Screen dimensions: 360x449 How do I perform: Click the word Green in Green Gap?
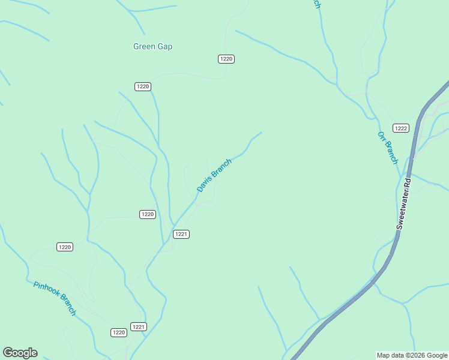[144, 46]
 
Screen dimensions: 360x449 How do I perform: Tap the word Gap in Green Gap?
[164, 46]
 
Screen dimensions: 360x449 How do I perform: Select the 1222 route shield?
[401, 128]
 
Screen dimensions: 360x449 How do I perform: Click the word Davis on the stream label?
[205, 184]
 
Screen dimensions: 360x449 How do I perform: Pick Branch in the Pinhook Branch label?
[67, 305]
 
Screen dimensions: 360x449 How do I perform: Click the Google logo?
[20, 353]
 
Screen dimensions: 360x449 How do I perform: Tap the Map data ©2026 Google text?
[412, 355]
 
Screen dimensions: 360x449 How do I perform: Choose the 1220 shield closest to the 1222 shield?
[226, 59]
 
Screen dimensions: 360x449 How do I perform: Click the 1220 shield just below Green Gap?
[142, 86]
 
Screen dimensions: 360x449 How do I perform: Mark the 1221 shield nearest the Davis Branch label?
[181, 234]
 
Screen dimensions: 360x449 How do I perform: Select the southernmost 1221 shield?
[139, 326]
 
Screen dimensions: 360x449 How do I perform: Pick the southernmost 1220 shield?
[119, 332]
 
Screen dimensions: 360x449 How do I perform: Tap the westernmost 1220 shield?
[65, 247]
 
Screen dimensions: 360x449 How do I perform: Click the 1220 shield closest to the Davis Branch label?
[148, 214]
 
